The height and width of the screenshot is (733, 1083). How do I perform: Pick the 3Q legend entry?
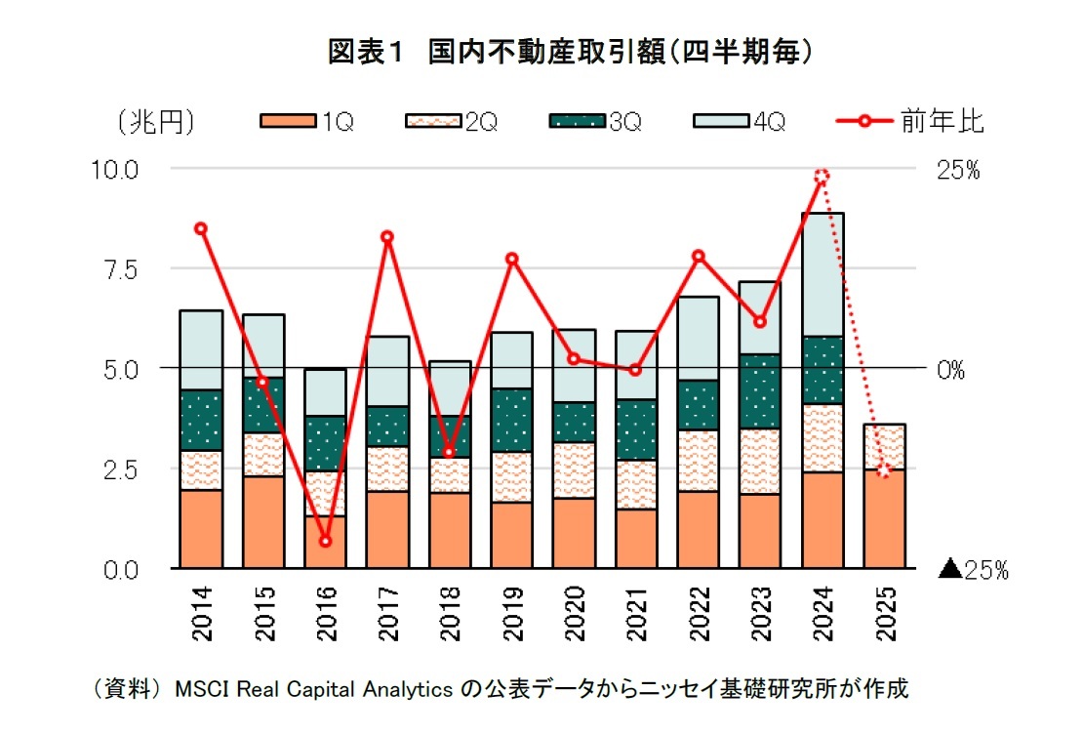point(594,122)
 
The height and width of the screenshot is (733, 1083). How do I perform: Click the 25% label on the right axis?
point(959,171)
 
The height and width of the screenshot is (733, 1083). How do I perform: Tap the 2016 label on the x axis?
point(325,613)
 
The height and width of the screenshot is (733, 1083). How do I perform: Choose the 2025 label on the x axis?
point(885,613)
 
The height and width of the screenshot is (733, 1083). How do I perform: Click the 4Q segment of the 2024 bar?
point(822,274)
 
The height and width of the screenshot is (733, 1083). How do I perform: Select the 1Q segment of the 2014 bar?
point(201,528)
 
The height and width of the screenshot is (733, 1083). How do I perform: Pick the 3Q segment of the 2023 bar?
point(760,391)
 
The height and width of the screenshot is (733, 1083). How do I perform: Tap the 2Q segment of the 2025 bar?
point(885,447)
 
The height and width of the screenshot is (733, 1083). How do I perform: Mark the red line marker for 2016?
point(325,541)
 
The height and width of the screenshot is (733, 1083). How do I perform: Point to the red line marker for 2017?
point(387,237)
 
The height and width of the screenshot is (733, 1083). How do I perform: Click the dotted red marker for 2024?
point(822,177)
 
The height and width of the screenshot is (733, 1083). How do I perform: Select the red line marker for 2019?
point(511,259)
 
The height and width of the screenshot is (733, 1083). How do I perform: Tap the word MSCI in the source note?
point(201,690)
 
